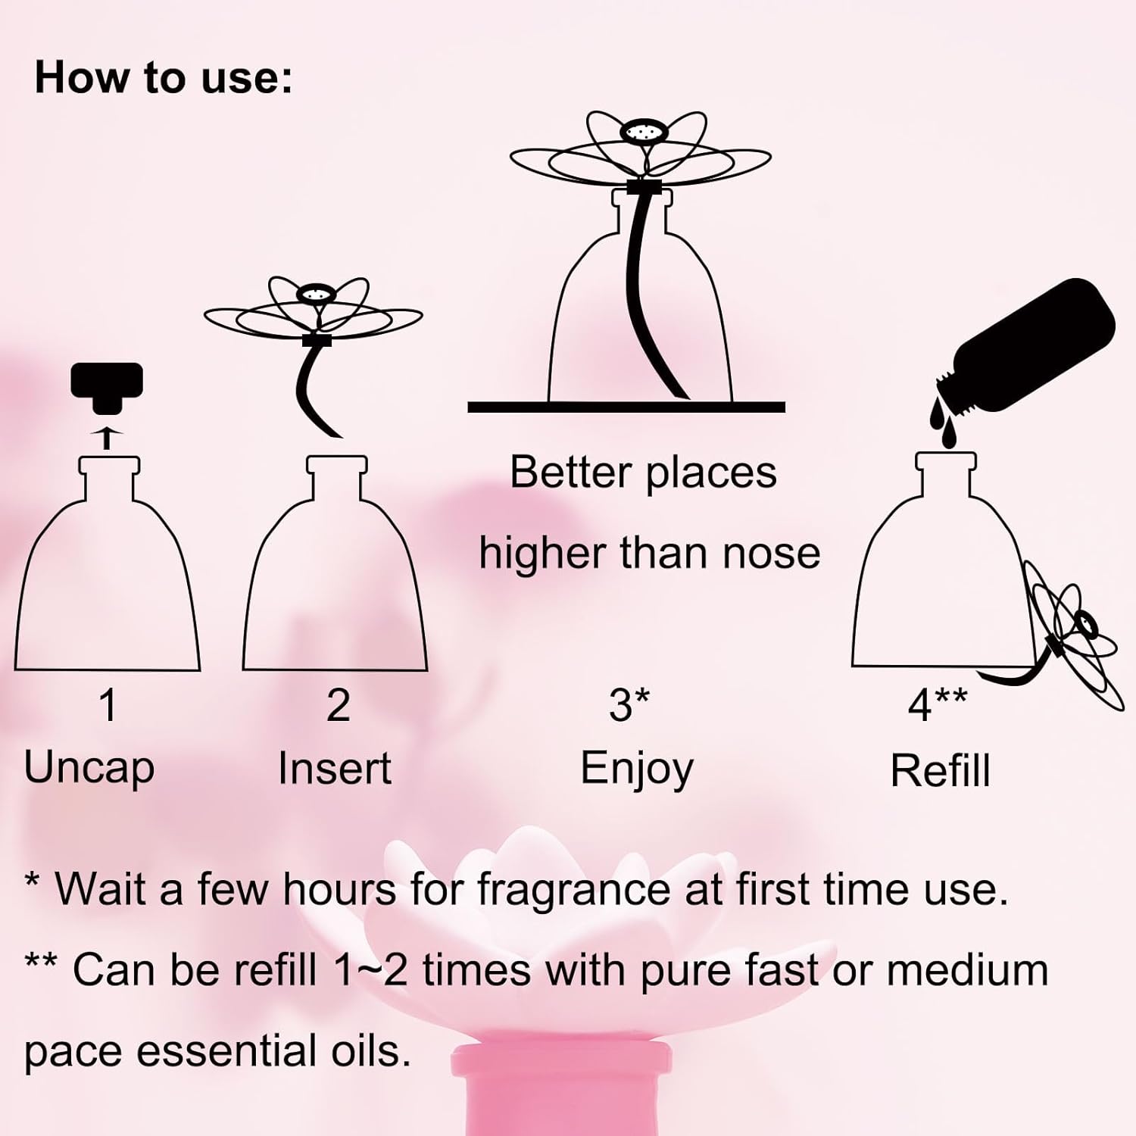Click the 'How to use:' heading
164,78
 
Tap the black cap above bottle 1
107,387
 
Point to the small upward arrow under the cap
108,436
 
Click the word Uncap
89,769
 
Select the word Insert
335,769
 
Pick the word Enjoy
637,770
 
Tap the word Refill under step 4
940,772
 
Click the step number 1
108,706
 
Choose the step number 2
338,706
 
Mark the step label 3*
629,706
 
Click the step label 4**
938,706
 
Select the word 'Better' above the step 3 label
570,473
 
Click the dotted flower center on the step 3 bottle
641,133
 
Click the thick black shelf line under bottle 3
626,407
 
